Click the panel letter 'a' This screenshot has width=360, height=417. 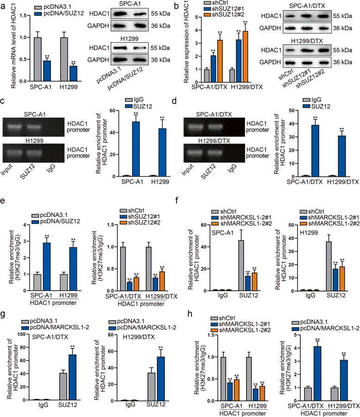(4, 6)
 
